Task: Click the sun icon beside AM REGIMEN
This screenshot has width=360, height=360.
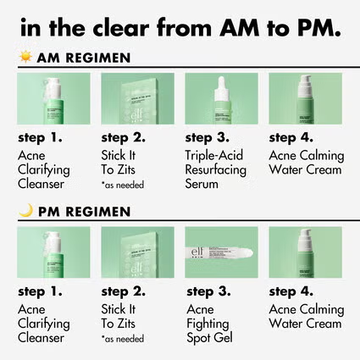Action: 25,58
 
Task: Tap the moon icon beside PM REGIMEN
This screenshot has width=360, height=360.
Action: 25,211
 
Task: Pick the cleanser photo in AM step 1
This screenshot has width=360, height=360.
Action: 53,98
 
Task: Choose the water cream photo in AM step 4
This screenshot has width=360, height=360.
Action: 305,98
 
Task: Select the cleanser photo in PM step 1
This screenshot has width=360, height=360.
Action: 53,252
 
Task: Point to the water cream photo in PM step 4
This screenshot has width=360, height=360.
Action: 305,252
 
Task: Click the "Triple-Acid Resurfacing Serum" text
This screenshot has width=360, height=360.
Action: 215,169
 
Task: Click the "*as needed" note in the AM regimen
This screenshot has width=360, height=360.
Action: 124,184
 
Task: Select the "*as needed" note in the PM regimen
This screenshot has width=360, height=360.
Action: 124,338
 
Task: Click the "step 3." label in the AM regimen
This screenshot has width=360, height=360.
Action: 213,136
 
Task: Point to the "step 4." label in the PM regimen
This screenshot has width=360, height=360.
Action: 296,291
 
